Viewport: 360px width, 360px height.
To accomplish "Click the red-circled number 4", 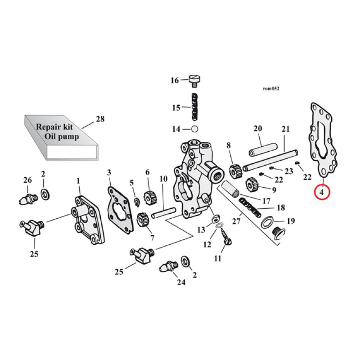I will pos(322,192).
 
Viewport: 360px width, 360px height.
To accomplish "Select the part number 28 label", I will pos(99,119).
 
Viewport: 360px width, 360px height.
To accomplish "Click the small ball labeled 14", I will pos(195,129).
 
